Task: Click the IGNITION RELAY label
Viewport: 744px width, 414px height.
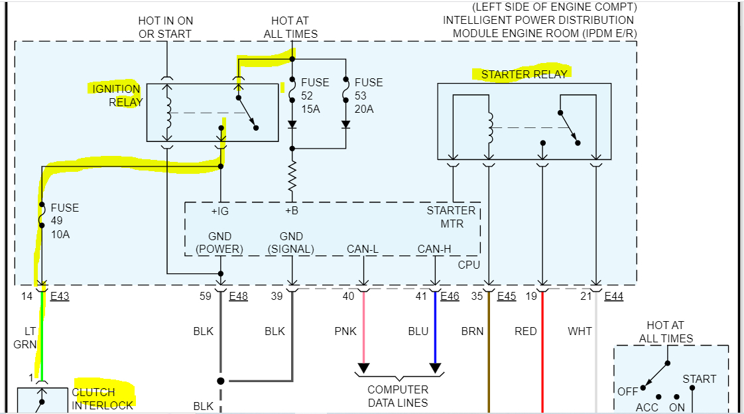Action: pyautogui.click(x=116, y=96)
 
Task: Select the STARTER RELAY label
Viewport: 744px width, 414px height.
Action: pyautogui.click(x=524, y=74)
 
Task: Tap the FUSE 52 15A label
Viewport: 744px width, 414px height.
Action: pyautogui.click(x=315, y=96)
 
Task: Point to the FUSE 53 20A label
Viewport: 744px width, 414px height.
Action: pyautogui.click(x=369, y=96)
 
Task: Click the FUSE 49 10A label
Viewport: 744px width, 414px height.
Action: pyautogui.click(x=64, y=220)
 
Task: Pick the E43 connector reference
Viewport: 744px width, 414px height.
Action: pyautogui.click(x=59, y=297)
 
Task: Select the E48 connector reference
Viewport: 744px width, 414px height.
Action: pyautogui.click(x=238, y=297)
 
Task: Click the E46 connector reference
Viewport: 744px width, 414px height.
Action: pyautogui.click(x=450, y=297)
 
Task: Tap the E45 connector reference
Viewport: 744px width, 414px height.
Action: pyautogui.click(x=507, y=297)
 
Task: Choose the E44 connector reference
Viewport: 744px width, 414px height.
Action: pyautogui.click(x=613, y=297)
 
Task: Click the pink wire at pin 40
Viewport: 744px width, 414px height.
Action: pyautogui.click(x=363, y=332)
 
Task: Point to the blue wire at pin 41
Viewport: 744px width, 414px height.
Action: pyautogui.click(x=435, y=332)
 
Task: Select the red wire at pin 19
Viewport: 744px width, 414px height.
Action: pyautogui.click(x=543, y=352)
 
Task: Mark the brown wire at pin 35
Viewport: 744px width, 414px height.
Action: pyautogui.click(x=489, y=352)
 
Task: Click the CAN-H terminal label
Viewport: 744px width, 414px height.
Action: pyautogui.click(x=434, y=249)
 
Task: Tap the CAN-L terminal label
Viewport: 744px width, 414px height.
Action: pyautogui.click(x=363, y=249)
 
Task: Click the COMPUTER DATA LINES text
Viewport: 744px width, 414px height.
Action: pyautogui.click(x=398, y=396)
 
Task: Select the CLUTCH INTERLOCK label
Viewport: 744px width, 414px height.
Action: pyautogui.click(x=102, y=399)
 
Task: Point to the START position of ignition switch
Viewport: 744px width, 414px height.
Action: pyautogui.click(x=699, y=379)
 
